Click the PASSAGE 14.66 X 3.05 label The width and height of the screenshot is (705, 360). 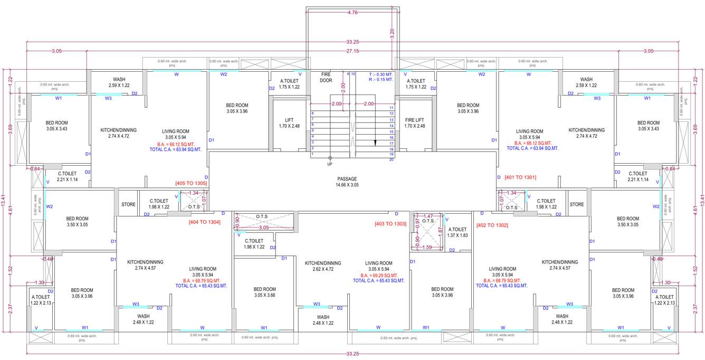[x=347, y=182]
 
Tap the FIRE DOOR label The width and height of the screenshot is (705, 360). [x=326, y=78]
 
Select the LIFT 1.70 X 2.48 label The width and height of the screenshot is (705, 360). [x=289, y=123]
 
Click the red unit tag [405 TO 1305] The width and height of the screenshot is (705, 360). [x=191, y=183]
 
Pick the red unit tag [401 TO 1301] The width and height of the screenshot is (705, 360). [x=520, y=177]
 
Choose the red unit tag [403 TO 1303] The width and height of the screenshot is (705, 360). [x=390, y=224]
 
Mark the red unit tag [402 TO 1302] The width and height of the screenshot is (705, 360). [x=492, y=225]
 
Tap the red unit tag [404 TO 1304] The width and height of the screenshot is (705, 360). [x=204, y=222]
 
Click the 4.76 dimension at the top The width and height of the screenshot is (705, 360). [x=353, y=12]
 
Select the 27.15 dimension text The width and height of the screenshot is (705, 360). [x=353, y=51]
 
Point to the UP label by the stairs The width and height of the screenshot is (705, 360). [x=330, y=164]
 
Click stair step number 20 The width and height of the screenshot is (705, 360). [x=392, y=159]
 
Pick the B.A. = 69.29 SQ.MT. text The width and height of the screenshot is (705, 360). [x=379, y=276]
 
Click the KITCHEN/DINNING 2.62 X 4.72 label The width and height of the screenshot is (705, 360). [x=322, y=266]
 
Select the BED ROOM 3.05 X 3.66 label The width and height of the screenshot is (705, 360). [x=264, y=292]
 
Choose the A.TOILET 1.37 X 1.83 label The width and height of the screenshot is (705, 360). [x=458, y=232]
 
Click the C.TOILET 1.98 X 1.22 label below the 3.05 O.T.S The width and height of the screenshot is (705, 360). [x=254, y=244]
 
